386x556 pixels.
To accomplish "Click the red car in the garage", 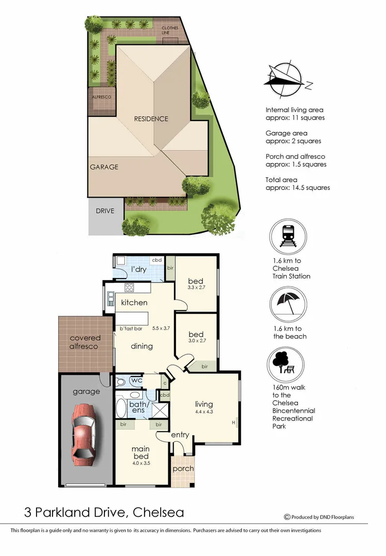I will (x=84, y=431).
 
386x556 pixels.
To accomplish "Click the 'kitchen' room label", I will (x=134, y=303).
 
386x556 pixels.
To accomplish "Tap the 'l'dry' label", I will (x=139, y=270).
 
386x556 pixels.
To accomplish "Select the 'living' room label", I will (x=204, y=404).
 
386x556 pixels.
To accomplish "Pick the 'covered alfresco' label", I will (x=85, y=342).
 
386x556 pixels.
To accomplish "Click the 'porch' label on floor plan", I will (x=183, y=468).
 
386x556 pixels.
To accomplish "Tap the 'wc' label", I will (x=136, y=380).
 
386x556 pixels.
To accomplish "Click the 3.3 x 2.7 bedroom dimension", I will (x=196, y=287).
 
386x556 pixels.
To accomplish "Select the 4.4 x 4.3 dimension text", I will (x=204, y=411).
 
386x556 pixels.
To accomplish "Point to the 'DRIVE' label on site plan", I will (x=105, y=211).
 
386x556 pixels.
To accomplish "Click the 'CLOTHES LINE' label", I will (x=170, y=30).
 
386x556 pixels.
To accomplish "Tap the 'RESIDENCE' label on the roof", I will (x=151, y=119).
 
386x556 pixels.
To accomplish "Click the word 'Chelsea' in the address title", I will (x=158, y=513).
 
